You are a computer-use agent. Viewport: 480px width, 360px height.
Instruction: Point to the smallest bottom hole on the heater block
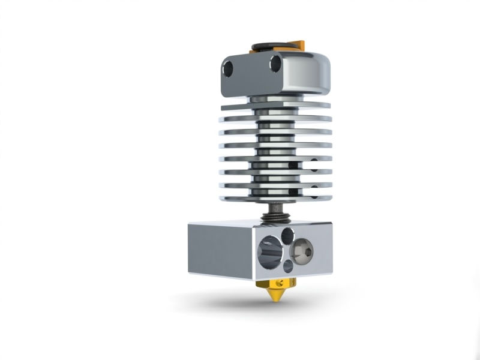coord(289,265)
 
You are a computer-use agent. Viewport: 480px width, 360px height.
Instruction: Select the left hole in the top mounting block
coord(228,69)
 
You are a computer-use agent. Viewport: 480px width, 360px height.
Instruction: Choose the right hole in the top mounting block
coord(276,62)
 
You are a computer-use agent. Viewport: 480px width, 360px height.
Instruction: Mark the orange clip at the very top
coord(299,44)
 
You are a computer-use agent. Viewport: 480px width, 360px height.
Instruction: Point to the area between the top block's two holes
coord(252,66)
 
